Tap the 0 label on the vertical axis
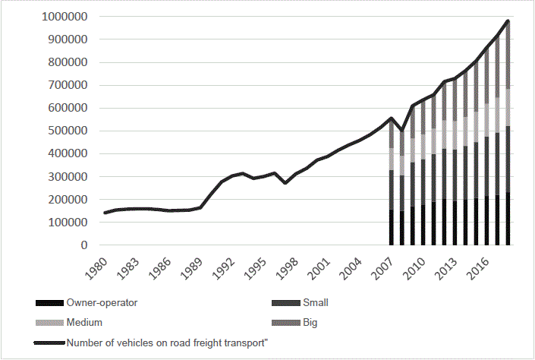(x=83, y=245)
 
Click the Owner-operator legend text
(x=102, y=302)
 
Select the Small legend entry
(x=316, y=302)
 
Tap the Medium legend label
(x=85, y=322)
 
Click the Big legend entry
(x=310, y=322)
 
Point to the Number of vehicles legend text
(x=168, y=343)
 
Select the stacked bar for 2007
(x=392, y=186)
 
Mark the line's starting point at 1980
(x=105, y=213)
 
